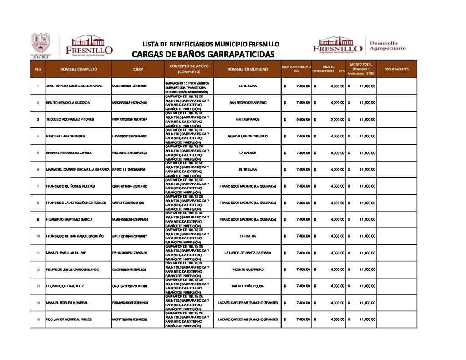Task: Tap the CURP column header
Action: click(x=138, y=69)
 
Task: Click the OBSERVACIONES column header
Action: click(x=396, y=69)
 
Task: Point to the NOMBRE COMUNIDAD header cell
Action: click(x=248, y=69)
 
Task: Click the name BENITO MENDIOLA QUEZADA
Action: click(x=68, y=103)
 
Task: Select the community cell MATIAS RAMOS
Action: click(x=248, y=119)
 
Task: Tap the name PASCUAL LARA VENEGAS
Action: click(x=66, y=136)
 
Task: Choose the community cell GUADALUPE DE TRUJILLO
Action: click(x=248, y=136)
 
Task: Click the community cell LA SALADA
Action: click(x=248, y=153)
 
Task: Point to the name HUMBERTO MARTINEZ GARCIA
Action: click(x=69, y=219)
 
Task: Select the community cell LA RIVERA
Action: click(x=248, y=236)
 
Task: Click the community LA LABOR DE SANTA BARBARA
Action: click(x=248, y=253)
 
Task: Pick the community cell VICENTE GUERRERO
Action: click(x=248, y=269)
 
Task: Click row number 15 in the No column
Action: click(x=37, y=319)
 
